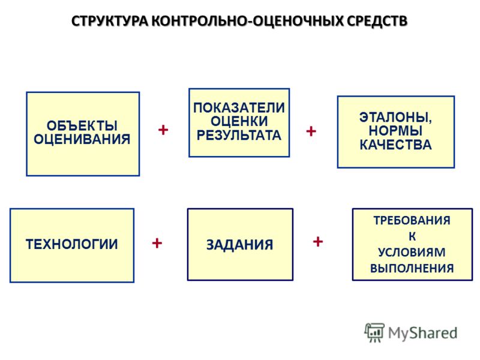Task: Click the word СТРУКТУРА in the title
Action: pos(110,22)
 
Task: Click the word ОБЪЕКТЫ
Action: pos(82,125)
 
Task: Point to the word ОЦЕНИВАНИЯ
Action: pos(82,139)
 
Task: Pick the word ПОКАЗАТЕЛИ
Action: pos(239,108)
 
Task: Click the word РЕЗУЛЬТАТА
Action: pos(239,135)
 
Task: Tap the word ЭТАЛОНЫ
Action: pos(395,118)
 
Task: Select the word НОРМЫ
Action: pos(395,131)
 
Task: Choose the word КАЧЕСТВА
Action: pos(395,145)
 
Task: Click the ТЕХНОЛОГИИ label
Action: pos(72,244)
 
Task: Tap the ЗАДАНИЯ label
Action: pos(239,245)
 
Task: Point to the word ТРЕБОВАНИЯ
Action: pos(412,220)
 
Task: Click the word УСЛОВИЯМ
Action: pos(412,252)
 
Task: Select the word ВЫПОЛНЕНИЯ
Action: pos(412,268)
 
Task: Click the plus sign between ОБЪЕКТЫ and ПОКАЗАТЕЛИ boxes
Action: pos(163,130)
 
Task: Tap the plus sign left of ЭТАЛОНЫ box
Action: pos(311,131)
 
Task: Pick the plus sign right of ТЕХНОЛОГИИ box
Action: pos(157,244)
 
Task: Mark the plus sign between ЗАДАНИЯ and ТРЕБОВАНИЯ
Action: pos(318,242)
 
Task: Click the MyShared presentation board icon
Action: pos(374,332)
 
